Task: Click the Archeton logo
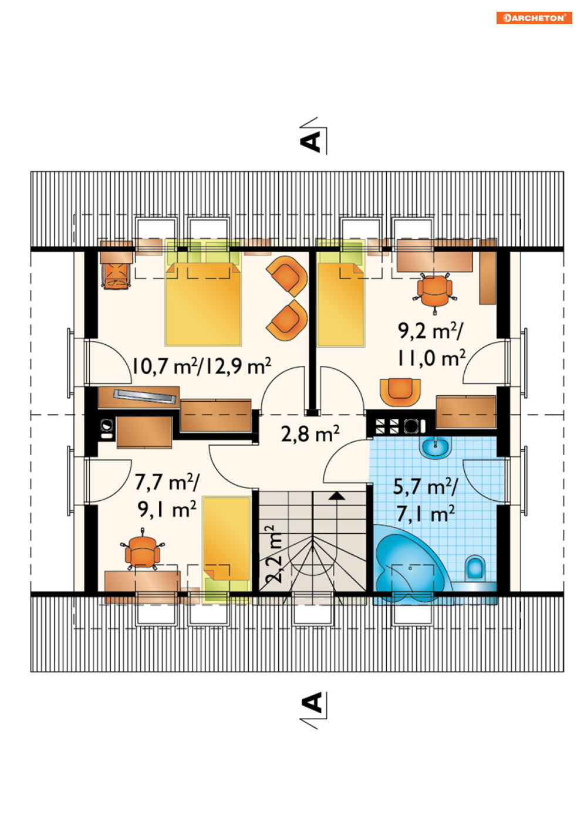click(x=534, y=18)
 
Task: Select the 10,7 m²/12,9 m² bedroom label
click(x=201, y=366)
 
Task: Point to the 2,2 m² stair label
click(x=274, y=554)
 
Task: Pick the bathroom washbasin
click(x=436, y=447)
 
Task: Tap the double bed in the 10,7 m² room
click(x=203, y=293)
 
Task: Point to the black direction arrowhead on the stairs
click(x=336, y=496)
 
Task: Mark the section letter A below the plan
click(x=311, y=702)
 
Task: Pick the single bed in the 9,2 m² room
click(x=340, y=293)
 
